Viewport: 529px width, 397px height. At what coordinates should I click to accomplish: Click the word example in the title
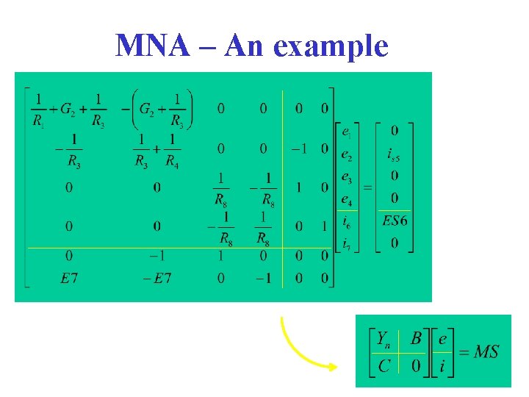[x=330, y=47]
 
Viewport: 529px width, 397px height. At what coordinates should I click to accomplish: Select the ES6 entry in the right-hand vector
[x=395, y=221]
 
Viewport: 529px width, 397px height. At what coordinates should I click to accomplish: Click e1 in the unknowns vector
[x=347, y=133]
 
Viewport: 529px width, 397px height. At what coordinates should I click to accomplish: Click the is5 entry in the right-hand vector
[x=395, y=154]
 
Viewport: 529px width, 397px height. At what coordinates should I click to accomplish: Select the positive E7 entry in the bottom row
[x=68, y=279]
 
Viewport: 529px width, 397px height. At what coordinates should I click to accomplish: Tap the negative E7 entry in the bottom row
[x=156, y=279]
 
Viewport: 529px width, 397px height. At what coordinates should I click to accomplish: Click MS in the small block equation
[x=486, y=351]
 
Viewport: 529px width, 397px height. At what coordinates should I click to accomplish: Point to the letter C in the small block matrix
[x=384, y=365]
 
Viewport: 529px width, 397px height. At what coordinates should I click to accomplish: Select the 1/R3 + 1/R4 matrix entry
[x=157, y=150]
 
